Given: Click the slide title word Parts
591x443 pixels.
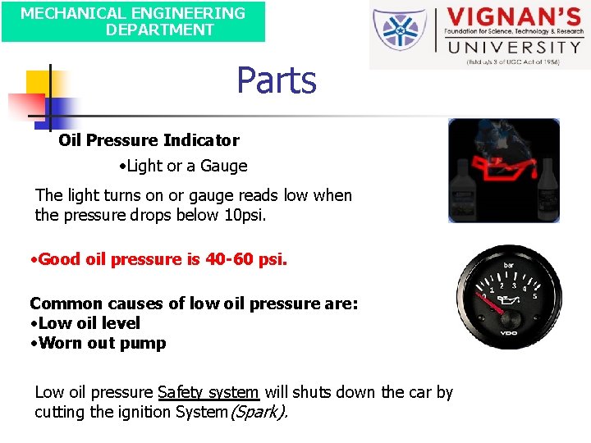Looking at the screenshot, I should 277,80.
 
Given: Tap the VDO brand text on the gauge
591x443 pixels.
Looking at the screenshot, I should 511,333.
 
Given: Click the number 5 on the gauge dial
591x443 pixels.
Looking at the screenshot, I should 534,295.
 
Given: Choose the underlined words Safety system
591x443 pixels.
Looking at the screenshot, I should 208,392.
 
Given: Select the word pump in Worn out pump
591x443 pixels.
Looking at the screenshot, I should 147,343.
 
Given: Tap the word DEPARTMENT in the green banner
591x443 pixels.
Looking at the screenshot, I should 159,30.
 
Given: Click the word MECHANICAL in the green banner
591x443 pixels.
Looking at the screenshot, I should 64,13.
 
